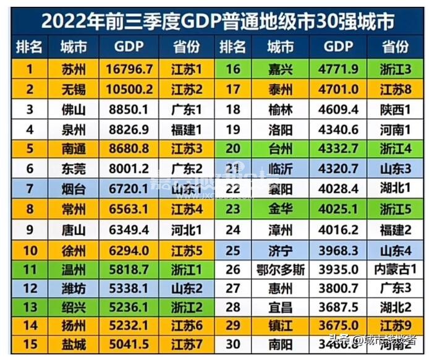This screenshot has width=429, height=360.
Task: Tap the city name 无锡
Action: click(74, 90)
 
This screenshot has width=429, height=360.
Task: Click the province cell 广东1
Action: click(187, 110)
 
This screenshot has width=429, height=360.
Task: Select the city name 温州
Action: click(74, 270)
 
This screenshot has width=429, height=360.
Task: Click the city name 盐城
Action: click(74, 343)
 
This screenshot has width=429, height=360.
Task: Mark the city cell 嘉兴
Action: click(281, 70)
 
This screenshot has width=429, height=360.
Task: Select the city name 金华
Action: click(281, 210)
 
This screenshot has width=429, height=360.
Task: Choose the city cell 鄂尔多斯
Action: click(281, 270)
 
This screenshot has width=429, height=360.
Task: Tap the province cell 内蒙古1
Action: click(396, 270)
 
